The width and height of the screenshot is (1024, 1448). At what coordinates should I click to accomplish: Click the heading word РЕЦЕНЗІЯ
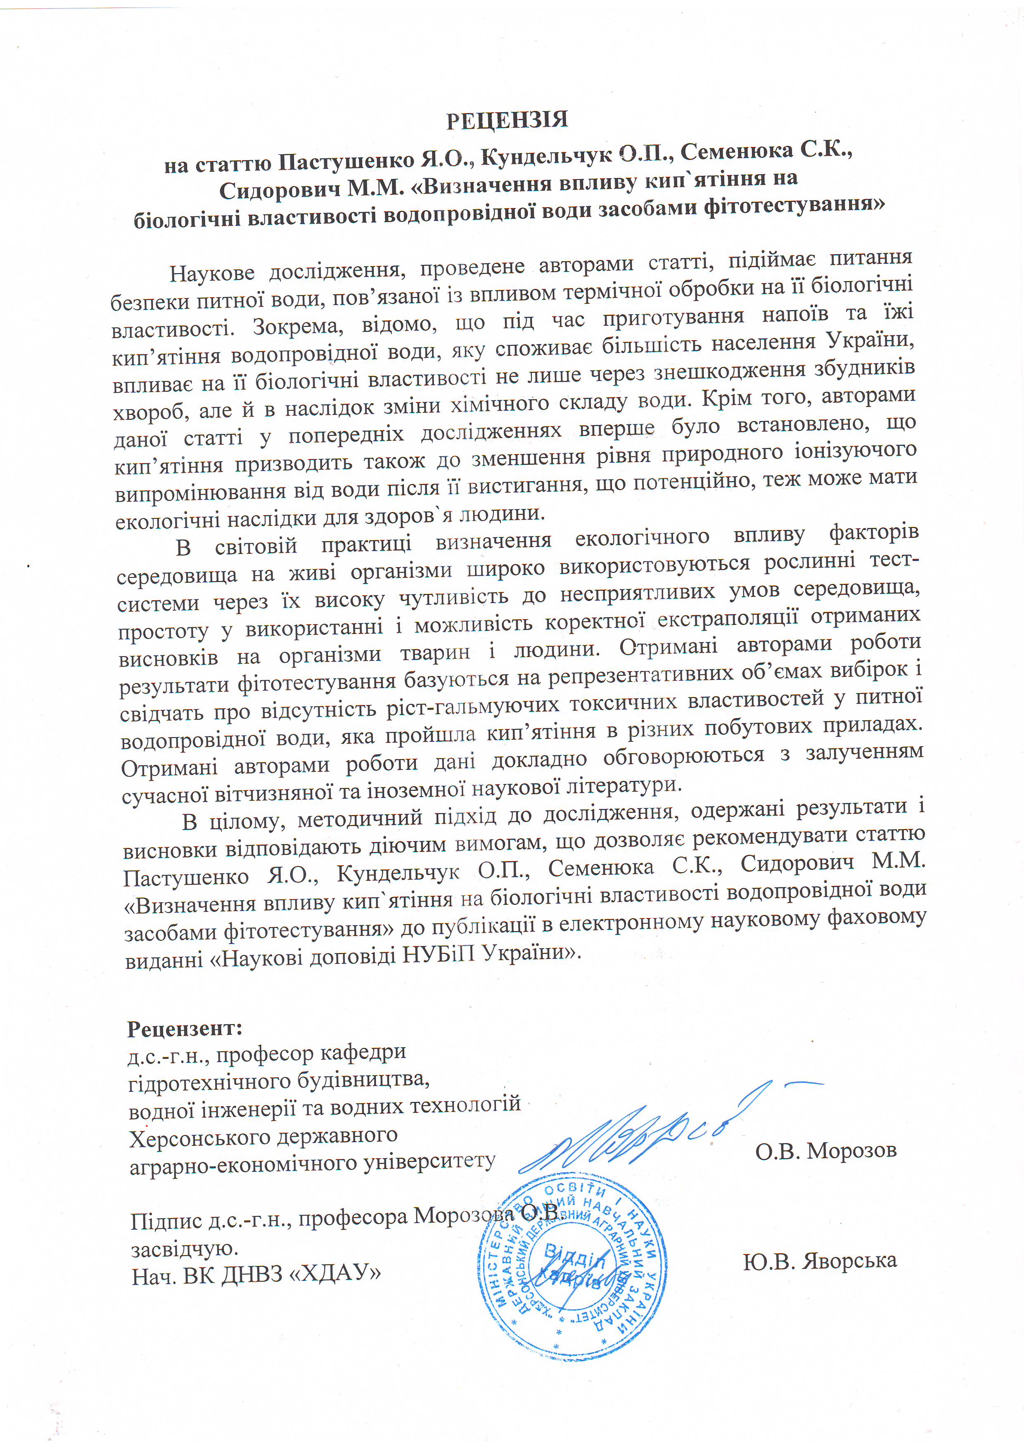coord(507,120)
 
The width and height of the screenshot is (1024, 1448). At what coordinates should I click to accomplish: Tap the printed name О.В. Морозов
coord(826,1150)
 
